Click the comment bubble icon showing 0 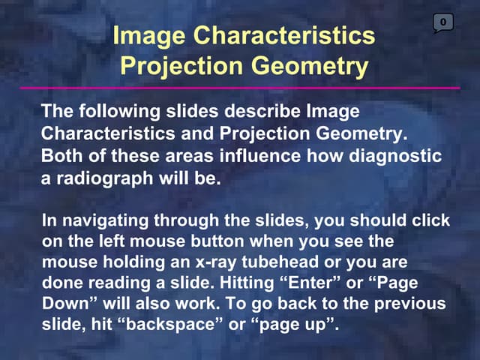(443, 23)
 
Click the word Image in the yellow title (147, 35)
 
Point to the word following (108, 112)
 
